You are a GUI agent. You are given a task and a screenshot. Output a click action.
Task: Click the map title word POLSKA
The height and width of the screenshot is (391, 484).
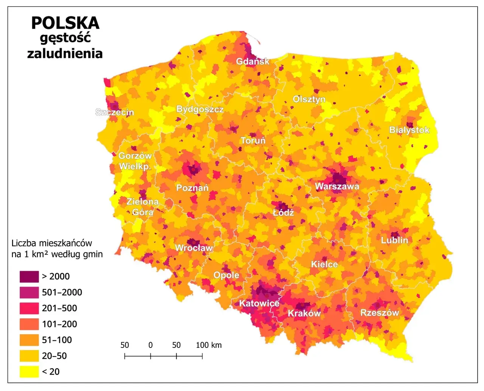tap(65, 23)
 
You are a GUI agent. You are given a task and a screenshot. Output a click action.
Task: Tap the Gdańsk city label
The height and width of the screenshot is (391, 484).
tap(253, 61)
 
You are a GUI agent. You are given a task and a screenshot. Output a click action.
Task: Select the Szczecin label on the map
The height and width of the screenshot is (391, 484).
tap(115, 112)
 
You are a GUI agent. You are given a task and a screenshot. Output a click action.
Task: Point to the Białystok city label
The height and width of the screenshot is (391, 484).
tap(409, 130)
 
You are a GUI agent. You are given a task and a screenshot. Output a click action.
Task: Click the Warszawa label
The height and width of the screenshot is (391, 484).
tap(337, 186)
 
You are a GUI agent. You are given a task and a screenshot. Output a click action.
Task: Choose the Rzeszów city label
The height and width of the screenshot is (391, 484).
tap(379, 313)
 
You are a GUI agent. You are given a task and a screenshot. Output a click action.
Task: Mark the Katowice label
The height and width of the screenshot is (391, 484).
tap(259, 303)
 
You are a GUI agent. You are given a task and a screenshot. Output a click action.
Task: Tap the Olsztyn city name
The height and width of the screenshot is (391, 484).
tap(309, 99)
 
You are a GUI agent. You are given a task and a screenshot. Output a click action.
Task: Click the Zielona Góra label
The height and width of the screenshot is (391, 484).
tap(143, 207)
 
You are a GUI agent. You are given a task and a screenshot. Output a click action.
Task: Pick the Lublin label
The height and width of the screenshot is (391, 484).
tap(394, 240)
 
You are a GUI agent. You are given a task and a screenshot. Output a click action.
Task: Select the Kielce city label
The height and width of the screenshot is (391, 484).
tap(324, 264)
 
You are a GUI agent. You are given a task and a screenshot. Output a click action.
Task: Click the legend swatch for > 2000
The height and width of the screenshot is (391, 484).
tap(29, 276)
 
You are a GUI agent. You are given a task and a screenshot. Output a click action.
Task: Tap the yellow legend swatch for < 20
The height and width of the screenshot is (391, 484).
tap(29, 372)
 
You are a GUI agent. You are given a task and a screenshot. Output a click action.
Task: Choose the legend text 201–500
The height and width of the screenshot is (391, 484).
tap(59, 308)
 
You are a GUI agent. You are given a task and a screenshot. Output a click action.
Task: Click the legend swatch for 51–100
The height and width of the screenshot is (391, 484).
tap(29, 340)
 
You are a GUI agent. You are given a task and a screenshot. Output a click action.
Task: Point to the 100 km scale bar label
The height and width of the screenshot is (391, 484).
tap(209, 345)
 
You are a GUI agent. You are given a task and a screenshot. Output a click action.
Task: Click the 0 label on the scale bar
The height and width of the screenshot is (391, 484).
tap(150, 345)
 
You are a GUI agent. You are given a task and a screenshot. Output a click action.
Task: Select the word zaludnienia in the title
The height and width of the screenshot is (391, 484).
tap(65, 53)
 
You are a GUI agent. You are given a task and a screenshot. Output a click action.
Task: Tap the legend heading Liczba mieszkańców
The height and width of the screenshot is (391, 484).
tap(52, 243)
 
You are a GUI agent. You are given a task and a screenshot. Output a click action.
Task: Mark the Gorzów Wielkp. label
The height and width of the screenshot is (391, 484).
tap(135, 161)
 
